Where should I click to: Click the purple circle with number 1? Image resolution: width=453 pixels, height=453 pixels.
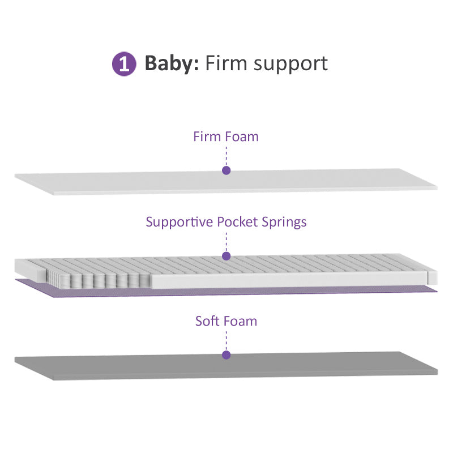124,64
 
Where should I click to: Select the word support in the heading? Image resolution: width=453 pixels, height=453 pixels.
290,65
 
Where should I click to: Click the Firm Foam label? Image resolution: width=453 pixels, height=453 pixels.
225,136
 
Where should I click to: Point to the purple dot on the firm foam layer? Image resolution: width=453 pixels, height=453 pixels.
226,170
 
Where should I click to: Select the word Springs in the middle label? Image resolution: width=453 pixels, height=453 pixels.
284,221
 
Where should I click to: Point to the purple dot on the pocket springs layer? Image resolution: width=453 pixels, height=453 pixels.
226,256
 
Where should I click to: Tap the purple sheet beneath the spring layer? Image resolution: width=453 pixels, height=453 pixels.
340,289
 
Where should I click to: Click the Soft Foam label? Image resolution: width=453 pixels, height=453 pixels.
226,321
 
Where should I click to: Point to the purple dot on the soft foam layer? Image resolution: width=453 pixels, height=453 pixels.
226,355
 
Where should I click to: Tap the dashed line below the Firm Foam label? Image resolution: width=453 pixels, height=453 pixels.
226,155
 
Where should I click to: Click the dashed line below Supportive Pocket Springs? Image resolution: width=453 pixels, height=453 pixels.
226,241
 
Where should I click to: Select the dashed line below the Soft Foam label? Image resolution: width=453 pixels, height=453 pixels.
226,340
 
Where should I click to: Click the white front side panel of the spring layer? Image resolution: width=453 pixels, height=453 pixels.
283,280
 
